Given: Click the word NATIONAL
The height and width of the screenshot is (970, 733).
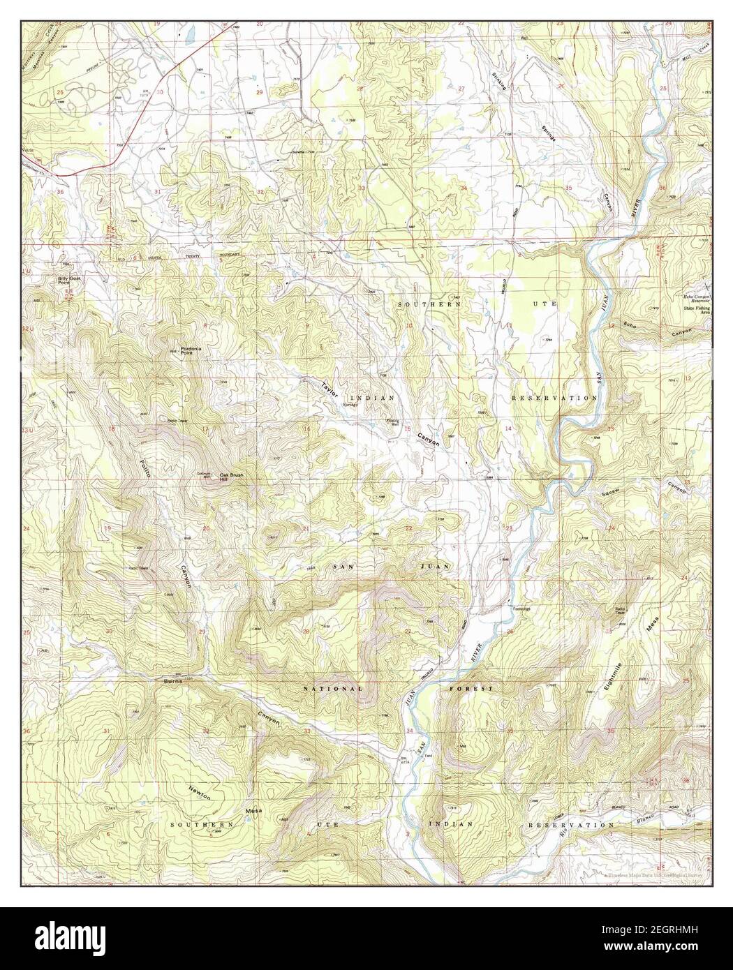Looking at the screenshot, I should (333, 689).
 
